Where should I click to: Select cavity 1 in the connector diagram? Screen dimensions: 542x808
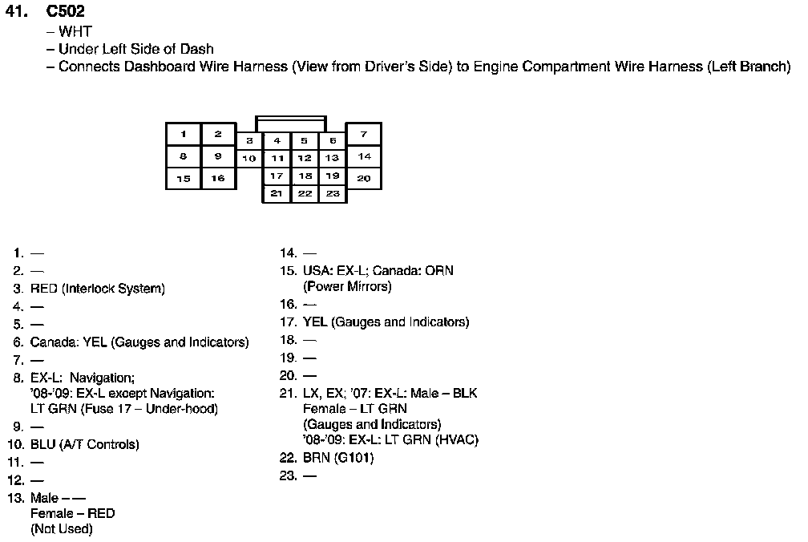184,134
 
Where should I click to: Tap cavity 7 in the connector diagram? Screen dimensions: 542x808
364,134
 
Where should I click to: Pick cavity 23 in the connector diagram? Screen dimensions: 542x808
333,193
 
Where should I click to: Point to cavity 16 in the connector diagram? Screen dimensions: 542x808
218,178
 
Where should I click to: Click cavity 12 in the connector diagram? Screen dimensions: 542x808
305,158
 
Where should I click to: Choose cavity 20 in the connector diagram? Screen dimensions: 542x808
364,178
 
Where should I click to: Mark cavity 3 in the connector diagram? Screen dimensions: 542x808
249,140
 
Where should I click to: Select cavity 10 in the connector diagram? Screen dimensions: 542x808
249,158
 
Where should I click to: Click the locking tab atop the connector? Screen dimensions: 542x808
290,123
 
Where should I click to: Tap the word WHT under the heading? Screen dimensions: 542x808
75,32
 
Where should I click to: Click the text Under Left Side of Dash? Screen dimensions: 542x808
136,49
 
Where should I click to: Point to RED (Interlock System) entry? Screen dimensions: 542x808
98,289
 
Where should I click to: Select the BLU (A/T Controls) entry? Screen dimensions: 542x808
85,444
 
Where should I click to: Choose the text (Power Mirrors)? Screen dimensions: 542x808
347,286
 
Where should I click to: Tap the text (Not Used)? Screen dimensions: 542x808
62,529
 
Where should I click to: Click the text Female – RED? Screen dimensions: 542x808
73,513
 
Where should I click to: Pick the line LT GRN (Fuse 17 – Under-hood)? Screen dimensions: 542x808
124,408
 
